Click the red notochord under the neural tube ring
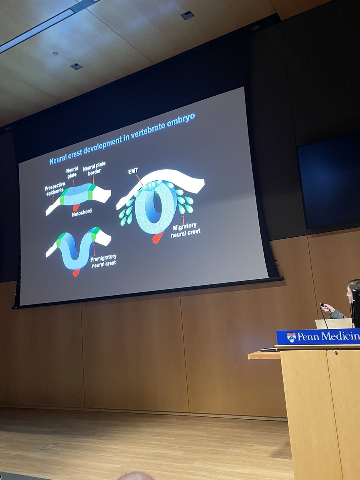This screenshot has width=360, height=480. (158, 238)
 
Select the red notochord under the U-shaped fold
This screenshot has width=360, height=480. (76, 272)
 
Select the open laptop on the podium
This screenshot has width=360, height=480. (333, 324)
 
